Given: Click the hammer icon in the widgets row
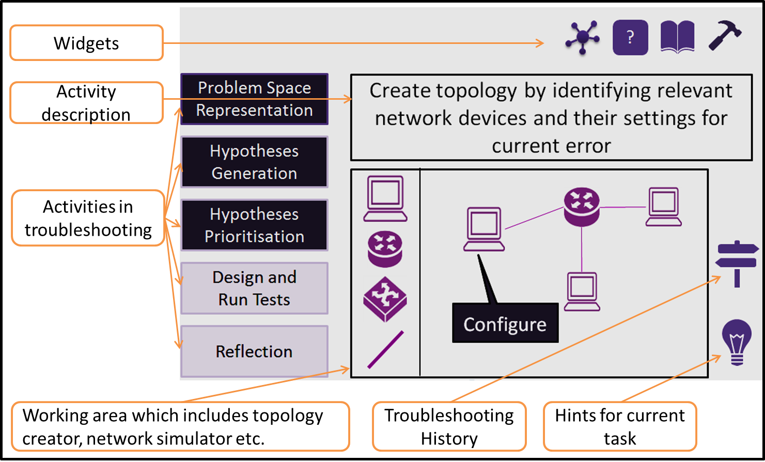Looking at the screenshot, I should click(725, 36).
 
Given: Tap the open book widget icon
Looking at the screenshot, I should click(677, 37).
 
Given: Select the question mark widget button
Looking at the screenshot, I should click(630, 37).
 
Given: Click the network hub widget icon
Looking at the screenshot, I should click(583, 37).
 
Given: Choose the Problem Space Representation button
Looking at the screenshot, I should click(254, 99).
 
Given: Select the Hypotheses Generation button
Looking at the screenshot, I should click(254, 162).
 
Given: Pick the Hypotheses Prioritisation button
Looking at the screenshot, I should click(254, 225).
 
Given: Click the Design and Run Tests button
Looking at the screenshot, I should click(254, 288).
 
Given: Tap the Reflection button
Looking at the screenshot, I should click(254, 351).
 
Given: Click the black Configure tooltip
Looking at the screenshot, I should click(505, 324).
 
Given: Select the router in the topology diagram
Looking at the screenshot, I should click(582, 207).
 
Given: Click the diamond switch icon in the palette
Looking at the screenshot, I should click(385, 299).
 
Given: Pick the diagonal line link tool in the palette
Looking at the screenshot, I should click(385, 350).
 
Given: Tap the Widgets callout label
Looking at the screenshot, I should click(86, 43).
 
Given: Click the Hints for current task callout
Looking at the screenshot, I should click(620, 427).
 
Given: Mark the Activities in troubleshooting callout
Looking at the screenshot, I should click(88, 218).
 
